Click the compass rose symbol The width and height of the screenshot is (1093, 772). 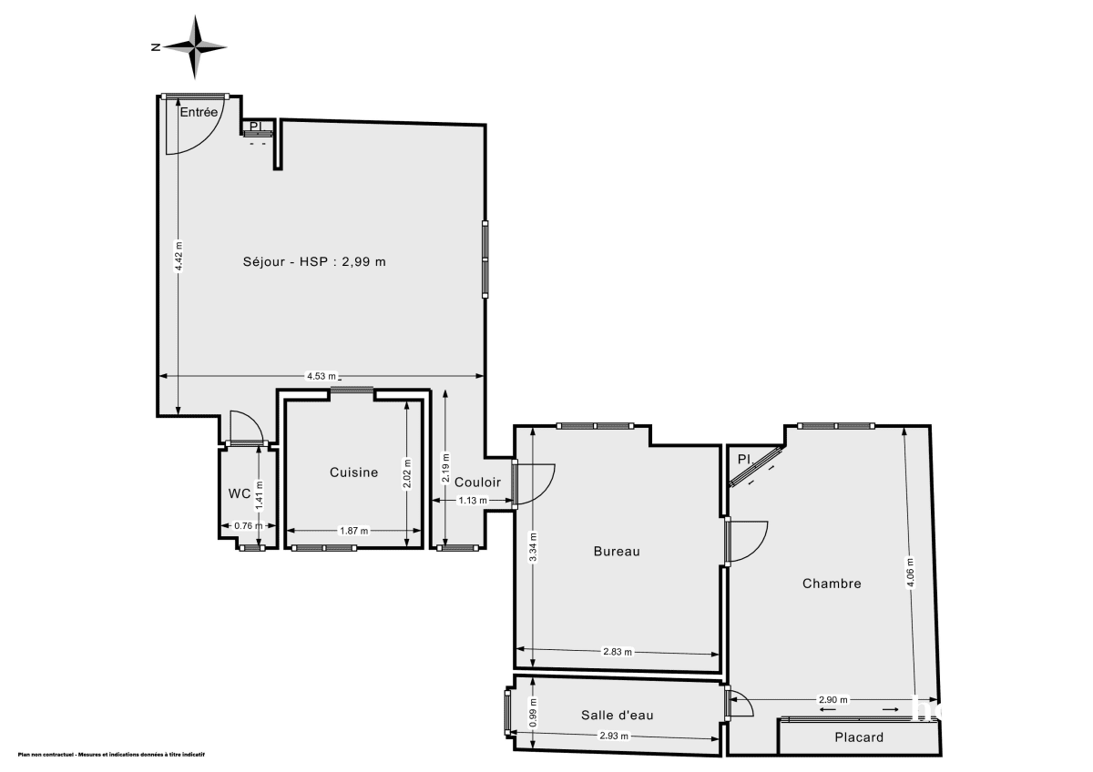click(x=195, y=46)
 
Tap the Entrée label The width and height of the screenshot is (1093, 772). click(x=199, y=113)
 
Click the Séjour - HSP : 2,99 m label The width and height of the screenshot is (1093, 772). click(x=314, y=262)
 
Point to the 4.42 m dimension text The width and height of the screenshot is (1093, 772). click(x=179, y=256)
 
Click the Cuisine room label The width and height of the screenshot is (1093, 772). click(x=353, y=472)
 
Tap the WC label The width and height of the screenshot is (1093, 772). click(x=240, y=493)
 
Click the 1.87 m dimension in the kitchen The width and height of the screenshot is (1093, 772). click(x=353, y=531)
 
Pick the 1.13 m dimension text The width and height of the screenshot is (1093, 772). click(x=472, y=501)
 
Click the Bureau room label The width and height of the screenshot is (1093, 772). click(x=617, y=551)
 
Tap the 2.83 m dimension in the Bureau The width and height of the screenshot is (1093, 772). click(x=618, y=652)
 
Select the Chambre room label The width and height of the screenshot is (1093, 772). click(x=832, y=584)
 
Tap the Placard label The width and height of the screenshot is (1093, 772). click(x=859, y=737)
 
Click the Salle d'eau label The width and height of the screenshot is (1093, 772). click(x=617, y=716)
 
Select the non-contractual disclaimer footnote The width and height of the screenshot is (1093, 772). click(x=110, y=755)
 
